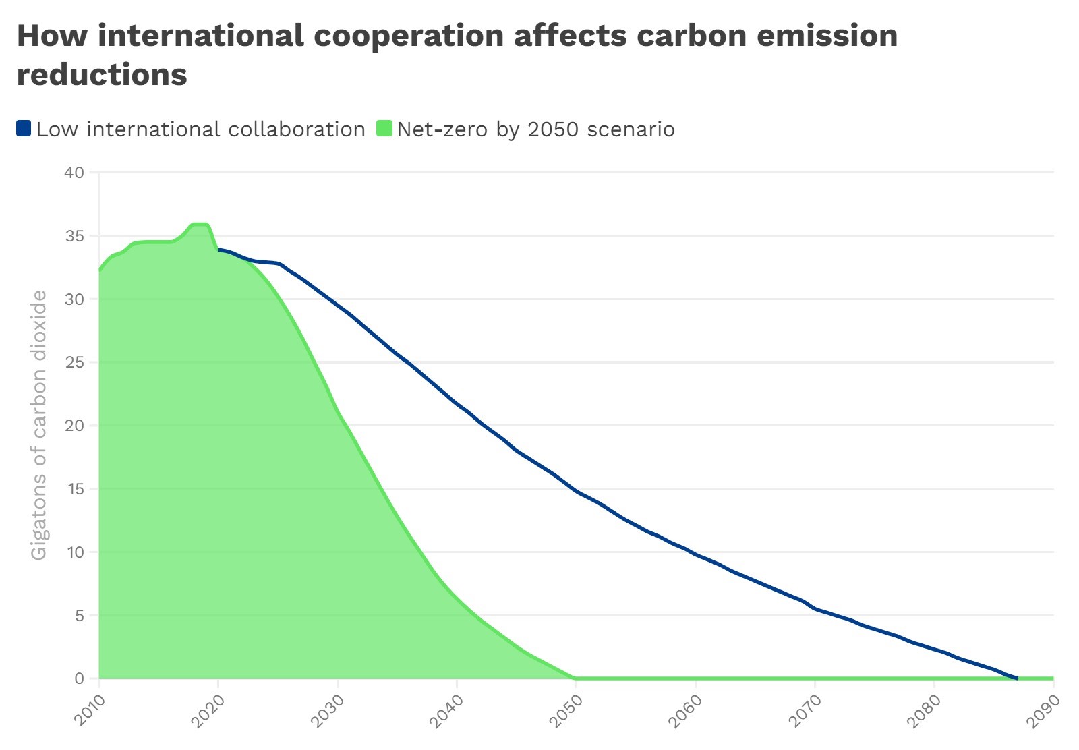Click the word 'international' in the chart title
[x=200, y=36]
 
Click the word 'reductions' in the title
[x=102, y=74]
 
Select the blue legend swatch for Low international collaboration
[x=24, y=128]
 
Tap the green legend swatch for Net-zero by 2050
[x=384, y=128]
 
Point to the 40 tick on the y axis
[x=74, y=173]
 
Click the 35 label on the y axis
[x=74, y=236]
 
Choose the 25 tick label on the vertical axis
[x=74, y=362]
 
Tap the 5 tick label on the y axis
[x=79, y=616]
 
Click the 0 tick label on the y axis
[x=80, y=679]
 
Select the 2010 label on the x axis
[x=90, y=711]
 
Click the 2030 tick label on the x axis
[x=328, y=711]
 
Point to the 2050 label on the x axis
[x=567, y=711]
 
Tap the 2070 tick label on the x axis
[x=806, y=711]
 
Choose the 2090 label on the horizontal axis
[x=1044, y=711]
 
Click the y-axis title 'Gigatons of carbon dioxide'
[x=39, y=425]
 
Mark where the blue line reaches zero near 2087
[x=1017, y=678]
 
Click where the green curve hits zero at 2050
[x=575, y=678]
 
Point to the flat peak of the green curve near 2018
[x=200, y=224]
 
